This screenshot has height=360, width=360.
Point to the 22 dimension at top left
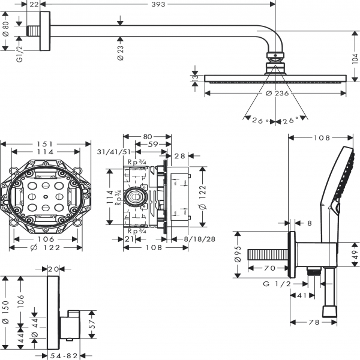click(34, 5)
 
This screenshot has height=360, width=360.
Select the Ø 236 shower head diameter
click(277, 93)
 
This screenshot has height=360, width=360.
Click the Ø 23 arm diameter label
click(121, 51)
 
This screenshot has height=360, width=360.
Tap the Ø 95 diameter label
click(239, 254)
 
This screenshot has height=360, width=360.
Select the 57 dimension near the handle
click(92, 323)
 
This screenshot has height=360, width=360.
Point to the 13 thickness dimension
click(195, 78)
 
